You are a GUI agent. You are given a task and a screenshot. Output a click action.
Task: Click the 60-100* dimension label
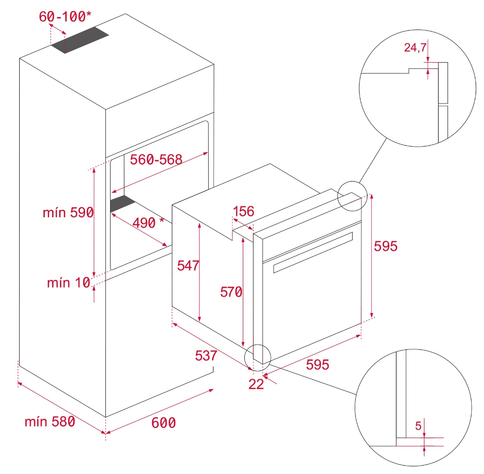(65, 16)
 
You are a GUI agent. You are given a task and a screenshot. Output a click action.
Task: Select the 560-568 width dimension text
(156, 160)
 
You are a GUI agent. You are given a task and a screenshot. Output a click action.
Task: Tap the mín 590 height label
(68, 213)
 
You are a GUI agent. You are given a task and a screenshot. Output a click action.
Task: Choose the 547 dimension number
(188, 266)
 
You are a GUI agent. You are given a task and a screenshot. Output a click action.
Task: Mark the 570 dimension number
(231, 292)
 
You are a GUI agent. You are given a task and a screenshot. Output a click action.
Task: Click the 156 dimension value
(243, 212)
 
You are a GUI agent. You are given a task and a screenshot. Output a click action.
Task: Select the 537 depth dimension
(206, 355)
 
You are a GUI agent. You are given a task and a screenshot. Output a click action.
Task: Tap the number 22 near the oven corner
(256, 384)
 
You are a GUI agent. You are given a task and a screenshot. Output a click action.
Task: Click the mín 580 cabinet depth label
(50, 422)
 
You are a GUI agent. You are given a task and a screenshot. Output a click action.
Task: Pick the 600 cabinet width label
(164, 423)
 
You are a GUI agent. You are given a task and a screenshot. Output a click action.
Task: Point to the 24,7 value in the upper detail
(415, 48)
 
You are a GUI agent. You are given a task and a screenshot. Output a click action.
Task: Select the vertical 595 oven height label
(385, 246)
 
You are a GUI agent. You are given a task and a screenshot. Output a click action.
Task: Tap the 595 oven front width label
(317, 364)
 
